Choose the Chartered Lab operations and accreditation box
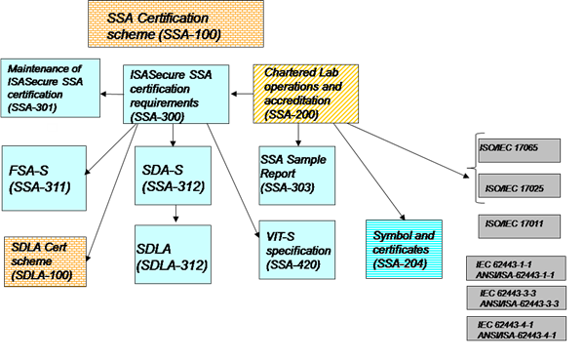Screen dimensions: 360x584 coord(304,94)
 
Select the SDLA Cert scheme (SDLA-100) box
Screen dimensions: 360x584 coord(45,260)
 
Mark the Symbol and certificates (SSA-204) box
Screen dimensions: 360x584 coord(404,250)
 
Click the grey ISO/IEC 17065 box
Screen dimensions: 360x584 coord(519,150)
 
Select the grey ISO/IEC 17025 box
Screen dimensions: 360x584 coord(519,187)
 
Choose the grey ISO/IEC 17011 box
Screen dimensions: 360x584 coord(519,225)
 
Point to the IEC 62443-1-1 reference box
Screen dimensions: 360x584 coord(516,268)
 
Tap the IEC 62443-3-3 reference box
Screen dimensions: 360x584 coord(516,298)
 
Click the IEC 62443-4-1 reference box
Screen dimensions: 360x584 coord(516,329)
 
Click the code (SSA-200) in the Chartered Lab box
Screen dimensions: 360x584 coord(291,114)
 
